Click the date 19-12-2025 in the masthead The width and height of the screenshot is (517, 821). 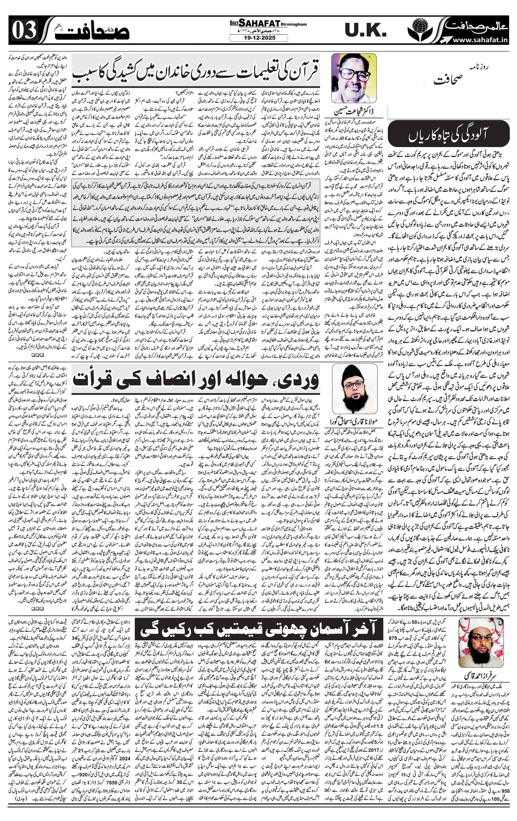point(258,38)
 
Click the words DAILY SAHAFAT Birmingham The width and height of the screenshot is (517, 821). point(258,24)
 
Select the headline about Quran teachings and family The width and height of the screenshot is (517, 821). point(195,71)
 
